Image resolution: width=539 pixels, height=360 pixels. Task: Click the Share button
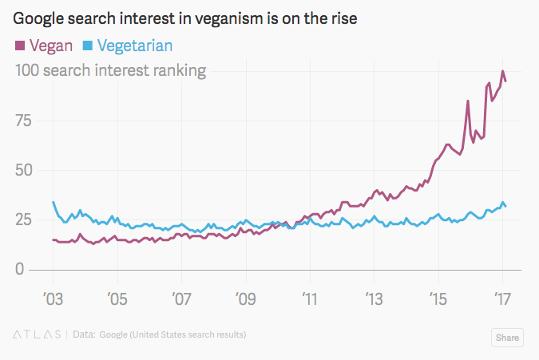507,338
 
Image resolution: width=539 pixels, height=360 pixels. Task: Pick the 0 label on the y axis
20,269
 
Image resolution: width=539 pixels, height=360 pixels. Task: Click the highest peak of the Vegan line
502,71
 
